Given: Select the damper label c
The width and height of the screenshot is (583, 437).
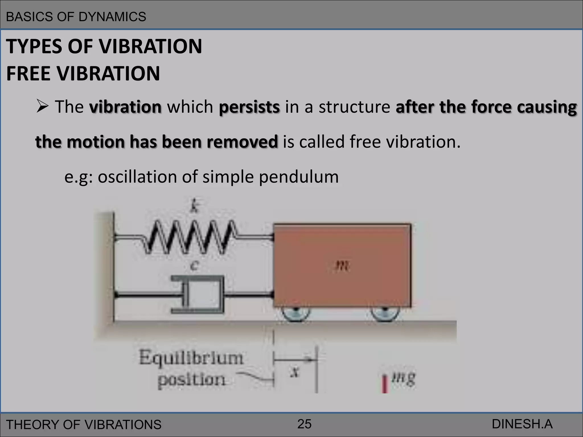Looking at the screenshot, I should point(194,266).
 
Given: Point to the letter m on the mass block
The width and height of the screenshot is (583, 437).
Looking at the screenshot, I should point(342,267).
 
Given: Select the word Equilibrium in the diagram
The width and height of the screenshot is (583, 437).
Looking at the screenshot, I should point(191,358).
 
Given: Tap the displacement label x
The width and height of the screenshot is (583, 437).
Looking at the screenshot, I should point(295,372).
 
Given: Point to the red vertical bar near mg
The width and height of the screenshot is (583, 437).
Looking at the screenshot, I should point(385,384).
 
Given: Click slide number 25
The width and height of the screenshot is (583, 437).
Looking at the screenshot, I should point(304,424).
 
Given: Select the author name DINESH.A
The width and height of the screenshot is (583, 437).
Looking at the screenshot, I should point(522,424).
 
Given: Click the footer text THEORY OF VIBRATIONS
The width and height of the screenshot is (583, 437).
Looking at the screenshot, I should point(84,424).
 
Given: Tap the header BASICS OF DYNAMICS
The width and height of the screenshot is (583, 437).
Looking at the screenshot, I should point(76,17).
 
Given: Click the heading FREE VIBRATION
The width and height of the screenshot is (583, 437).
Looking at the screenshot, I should point(83,73).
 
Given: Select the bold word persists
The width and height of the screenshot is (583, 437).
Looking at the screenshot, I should point(249,107).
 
